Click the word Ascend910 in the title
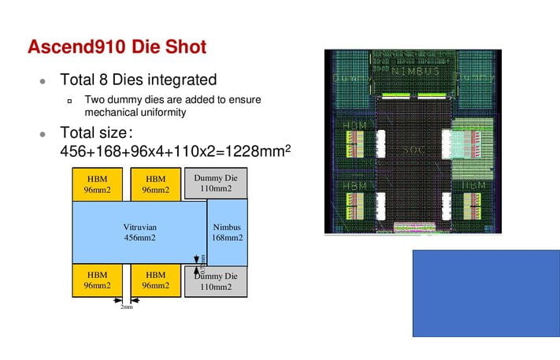[75, 46]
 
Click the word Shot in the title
[185, 46]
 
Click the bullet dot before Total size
[43, 134]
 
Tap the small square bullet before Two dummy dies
[69, 101]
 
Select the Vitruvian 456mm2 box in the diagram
[139, 232]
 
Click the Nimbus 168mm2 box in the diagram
[228, 232]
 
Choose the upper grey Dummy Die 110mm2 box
[215, 183]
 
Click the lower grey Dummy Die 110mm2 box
[215, 281]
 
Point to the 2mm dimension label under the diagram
[126, 306]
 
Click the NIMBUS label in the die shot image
[415, 71]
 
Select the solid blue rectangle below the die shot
[486, 294]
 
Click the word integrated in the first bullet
[184, 80]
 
